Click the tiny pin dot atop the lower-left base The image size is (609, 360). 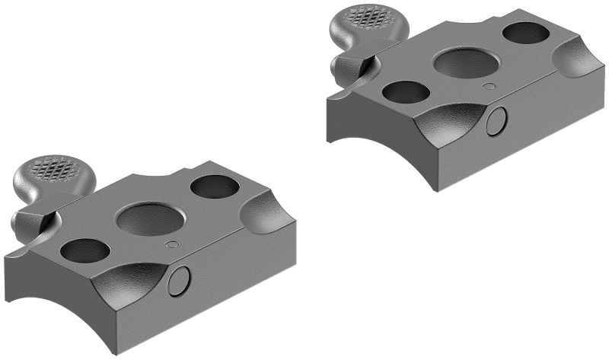(172, 244)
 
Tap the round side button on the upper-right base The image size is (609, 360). (498, 119)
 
